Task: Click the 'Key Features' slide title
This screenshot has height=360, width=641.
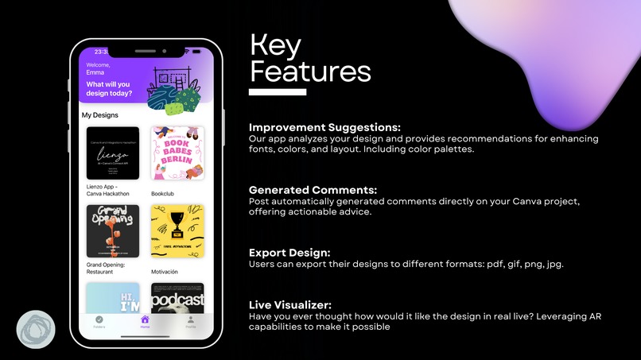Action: coord(309,59)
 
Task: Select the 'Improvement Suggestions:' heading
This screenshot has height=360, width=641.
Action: coord(324,127)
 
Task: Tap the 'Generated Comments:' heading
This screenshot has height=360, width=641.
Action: coord(313,190)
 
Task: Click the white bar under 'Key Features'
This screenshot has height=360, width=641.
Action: coord(278,92)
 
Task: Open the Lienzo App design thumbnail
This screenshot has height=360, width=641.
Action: coord(112,153)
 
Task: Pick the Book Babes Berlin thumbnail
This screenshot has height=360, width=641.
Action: coord(177,153)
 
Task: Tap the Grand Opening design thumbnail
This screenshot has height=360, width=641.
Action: coord(112,231)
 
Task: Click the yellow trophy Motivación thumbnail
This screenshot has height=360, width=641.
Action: coord(177,231)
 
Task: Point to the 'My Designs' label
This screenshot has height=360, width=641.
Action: coord(100,115)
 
